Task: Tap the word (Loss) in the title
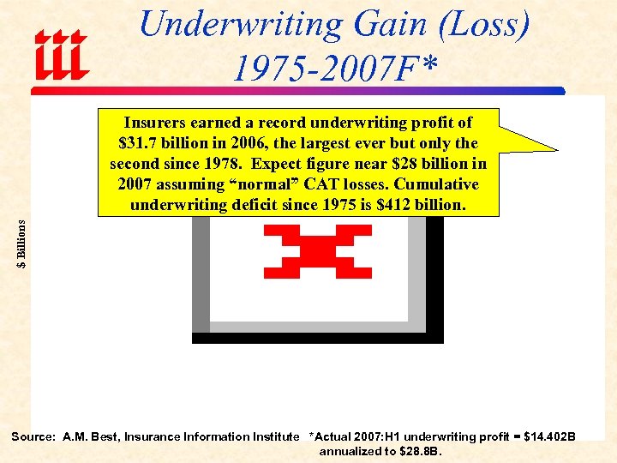coord(483,24)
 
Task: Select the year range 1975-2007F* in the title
coord(334,67)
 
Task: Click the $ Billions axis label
coord(22,243)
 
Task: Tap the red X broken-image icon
coord(318,251)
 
